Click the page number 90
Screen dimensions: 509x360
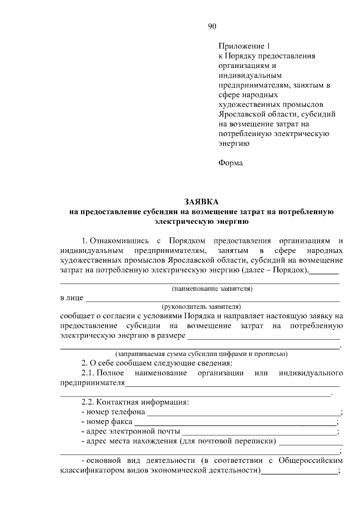coord(212,26)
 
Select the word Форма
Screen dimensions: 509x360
coord(231,163)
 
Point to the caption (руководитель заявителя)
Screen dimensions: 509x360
coord(201,307)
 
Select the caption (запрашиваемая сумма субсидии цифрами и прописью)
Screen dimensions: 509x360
coord(201,354)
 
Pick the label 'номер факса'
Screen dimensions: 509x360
coord(109,421)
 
